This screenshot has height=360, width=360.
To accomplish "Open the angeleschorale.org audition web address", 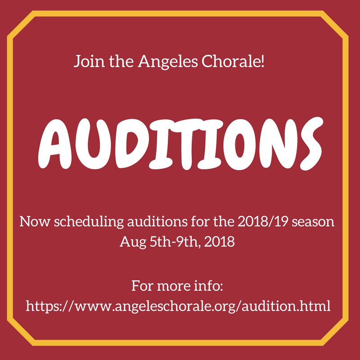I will coord(179,306).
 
